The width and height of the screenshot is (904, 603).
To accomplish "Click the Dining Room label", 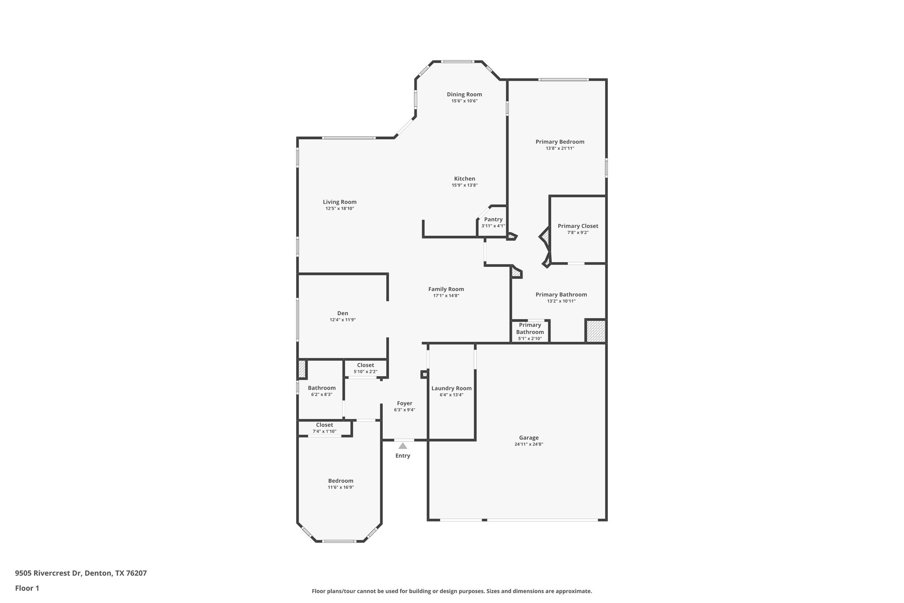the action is pyautogui.click(x=464, y=94).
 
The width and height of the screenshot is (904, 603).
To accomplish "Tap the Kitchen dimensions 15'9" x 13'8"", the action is pyautogui.click(x=464, y=186).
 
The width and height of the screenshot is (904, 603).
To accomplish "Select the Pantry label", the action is pyautogui.click(x=493, y=219).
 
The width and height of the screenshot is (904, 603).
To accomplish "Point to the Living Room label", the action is pyautogui.click(x=339, y=202).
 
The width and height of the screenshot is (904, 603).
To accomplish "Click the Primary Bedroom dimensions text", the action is pyautogui.click(x=560, y=148).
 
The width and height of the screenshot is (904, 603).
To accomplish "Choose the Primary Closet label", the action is pyautogui.click(x=578, y=226).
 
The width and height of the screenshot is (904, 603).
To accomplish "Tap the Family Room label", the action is pyautogui.click(x=446, y=289).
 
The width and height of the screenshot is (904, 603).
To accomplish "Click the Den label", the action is pyautogui.click(x=343, y=313).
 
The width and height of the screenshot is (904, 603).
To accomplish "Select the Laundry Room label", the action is pyautogui.click(x=452, y=388).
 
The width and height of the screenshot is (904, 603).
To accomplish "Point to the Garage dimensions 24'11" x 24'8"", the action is pyautogui.click(x=528, y=444).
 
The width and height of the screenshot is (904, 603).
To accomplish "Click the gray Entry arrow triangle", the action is pyautogui.click(x=403, y=446).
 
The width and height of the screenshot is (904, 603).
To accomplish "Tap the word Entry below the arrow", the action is pyautogui.click(x=403, y=456).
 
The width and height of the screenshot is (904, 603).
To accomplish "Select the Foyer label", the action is pyautogui.click(x=404, y=403).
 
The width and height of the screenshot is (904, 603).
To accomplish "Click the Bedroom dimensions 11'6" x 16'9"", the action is pyautogui.click(x=340, y=488).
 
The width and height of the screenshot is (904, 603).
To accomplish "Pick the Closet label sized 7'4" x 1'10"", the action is pyautogui.click(x=324, y=425).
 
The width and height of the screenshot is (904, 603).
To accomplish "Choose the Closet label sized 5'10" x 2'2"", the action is pyautogui.click(x=365, y=365).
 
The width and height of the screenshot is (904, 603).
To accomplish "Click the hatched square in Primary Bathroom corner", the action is pyautogui.click(x=595, y=331).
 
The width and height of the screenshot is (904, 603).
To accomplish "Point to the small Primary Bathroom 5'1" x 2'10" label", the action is pyautogui.click(x=530, y=332).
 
